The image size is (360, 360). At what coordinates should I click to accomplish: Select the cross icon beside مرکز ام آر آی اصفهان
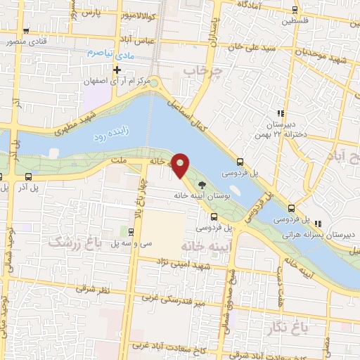(117, 70)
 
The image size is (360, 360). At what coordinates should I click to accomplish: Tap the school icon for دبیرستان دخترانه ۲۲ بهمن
(280, 113)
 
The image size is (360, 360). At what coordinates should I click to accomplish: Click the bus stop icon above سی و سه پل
(131, 231)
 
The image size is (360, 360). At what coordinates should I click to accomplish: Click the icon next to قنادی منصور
(26, 31)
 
